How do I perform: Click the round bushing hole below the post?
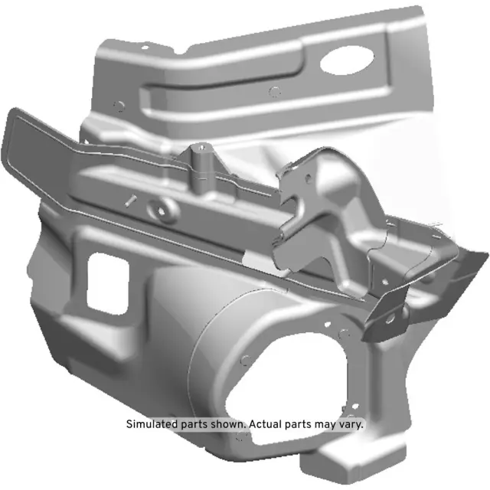(162, 205)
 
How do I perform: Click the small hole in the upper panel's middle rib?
(275, 92)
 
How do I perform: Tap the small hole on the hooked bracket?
(308, 178)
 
